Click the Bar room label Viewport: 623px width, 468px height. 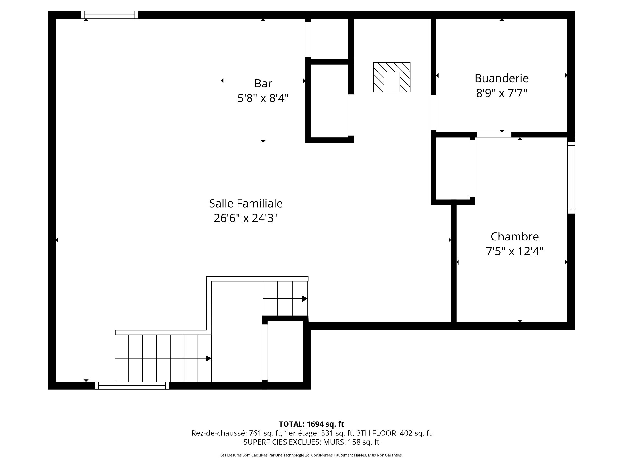coord(263,84)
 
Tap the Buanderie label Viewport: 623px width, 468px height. coord(501,78)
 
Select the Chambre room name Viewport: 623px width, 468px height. coord(514,237)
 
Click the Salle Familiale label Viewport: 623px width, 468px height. coord(246,204)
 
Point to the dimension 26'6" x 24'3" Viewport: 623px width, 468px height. coord(246,218)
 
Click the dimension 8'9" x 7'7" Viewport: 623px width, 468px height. coord(501,93)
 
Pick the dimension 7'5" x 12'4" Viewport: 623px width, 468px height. coord(514,251)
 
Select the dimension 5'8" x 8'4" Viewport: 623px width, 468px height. coord(263,98)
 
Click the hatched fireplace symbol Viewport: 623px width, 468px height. coord(392,77)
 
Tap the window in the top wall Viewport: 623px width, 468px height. coord(110,15)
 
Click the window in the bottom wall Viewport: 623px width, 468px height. coord(132,385)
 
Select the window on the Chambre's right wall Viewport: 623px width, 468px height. coord(571,177)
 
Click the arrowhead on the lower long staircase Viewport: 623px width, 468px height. coord(209,358)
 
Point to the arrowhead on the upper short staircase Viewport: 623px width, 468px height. coord(304,299)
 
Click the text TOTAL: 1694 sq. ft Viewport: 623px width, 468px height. coord(311,424)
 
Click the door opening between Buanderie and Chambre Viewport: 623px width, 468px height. coord(494,135)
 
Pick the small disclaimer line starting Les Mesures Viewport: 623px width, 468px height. coord(311,455)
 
